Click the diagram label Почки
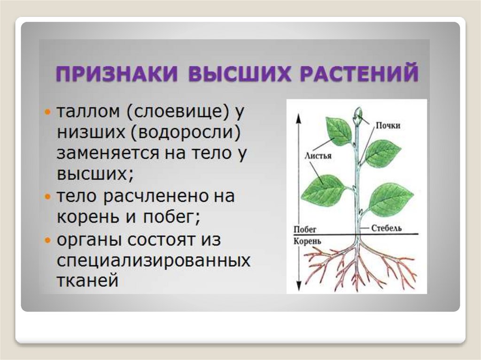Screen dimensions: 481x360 (x=388, y=125)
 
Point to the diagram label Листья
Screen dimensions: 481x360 (x=318, y=156)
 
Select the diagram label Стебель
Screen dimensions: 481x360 (x=386, y=228)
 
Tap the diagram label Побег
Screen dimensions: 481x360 (x=304, y=230)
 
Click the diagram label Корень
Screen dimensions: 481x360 (x=307, y=241)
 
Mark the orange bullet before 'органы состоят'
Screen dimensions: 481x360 (x=47, y=240)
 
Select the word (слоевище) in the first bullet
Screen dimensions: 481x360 (x=177, y=112)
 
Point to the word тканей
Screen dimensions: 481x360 (x=87, y=281)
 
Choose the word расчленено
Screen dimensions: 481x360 (x=156, y=197)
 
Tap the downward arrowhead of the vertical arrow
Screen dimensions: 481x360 (x=297, y=286)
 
